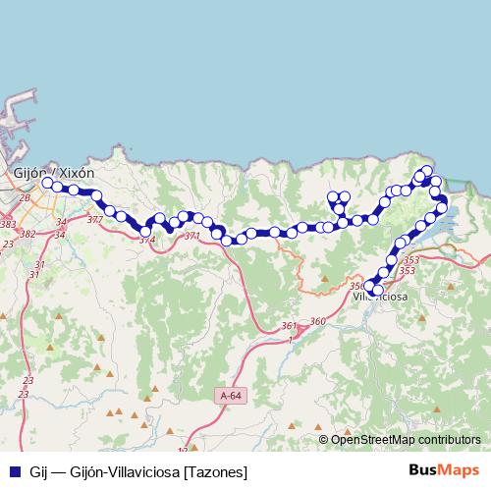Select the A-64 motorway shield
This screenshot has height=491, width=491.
[x=228, y=395]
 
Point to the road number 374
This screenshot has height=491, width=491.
[x=147, y=240]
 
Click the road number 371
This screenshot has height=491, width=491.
[x=191, y=237]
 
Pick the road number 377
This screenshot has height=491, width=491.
[x=94, y=220]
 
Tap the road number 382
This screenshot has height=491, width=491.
[x=27, y=234]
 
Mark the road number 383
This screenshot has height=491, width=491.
[x=8, y=225]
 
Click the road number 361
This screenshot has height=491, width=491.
[x=288, y=326]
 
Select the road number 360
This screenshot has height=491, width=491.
[x=316, y=321]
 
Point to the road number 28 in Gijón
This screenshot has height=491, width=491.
[x=26, y=199]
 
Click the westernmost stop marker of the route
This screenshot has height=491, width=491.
[x=46, y=182]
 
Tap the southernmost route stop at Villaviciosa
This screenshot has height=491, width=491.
[x=376, y=290]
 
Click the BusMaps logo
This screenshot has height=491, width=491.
[x=445, y=471]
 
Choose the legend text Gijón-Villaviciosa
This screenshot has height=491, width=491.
[x=128, y=472]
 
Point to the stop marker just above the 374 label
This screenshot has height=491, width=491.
[x=146, y=231]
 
